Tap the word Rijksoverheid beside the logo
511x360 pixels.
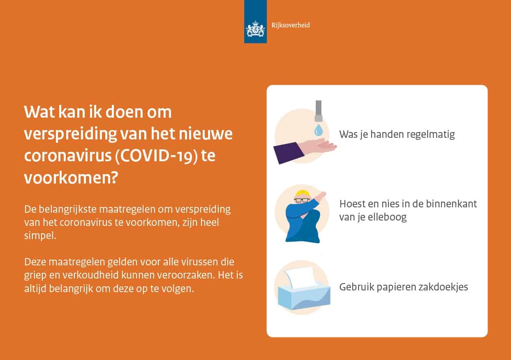(291, 25)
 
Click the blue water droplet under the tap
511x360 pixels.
(318, 130)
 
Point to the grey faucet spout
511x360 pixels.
(319, 111)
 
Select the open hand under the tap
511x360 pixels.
(317, 147)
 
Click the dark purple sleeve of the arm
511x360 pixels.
(288, 153)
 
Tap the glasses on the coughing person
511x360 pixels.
(302, 200)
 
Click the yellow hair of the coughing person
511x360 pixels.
(302, 193)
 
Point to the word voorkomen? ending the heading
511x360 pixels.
(71, 178)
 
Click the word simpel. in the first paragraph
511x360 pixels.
(40, 236)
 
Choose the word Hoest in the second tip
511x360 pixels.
(352, 204)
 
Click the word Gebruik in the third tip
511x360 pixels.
(356, 287)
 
